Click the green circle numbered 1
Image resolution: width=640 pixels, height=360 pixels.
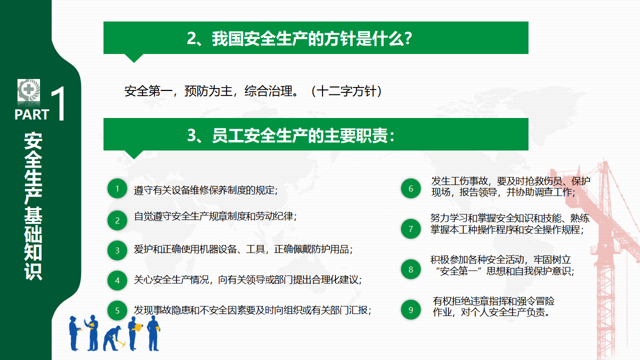point(117,188)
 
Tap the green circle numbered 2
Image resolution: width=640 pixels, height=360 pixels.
point(117,220)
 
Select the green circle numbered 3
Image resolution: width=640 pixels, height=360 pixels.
point(117,250)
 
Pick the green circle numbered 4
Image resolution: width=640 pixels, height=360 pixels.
point(117,280)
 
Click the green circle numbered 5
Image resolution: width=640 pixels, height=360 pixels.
point(117,310)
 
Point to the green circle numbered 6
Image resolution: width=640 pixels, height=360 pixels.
point(411,188)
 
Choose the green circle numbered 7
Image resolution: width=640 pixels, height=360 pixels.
point(411,229)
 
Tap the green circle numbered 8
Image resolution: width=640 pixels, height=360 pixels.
point(411,269)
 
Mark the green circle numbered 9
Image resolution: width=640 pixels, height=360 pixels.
point(411,309)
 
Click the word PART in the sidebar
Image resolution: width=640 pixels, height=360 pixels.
point(31,114)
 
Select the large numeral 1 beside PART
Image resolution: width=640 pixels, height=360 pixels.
point(59,103)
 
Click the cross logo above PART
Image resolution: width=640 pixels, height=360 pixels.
point(28,90)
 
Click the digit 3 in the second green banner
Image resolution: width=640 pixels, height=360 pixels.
point(191,135)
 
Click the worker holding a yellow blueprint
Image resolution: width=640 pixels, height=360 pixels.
point(135,333)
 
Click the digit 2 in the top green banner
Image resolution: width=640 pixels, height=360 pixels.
point(191,38)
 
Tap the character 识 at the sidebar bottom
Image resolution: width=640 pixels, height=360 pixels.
point(33,271)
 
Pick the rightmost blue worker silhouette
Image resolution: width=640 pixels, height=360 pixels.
point(153,333)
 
